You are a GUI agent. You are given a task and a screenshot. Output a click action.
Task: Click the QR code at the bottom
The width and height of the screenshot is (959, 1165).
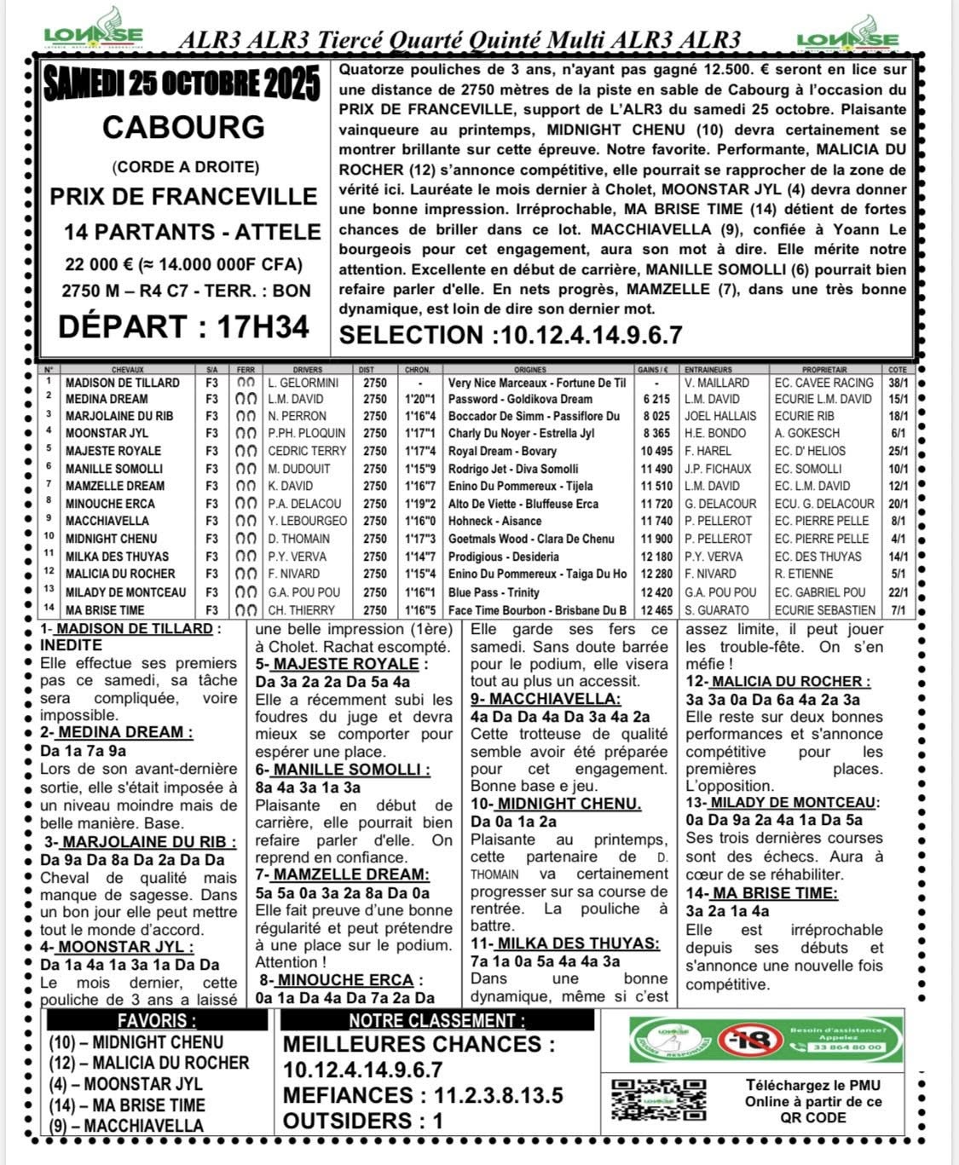(x=658, y=1099)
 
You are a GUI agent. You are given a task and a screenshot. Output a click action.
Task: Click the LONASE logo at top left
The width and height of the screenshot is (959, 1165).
(x=93, y=32)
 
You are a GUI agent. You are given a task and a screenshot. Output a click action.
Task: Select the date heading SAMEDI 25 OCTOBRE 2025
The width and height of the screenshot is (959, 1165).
(x=182, y=84)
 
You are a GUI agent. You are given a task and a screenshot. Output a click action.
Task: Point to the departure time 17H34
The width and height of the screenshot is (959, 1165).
(x=183, y=326)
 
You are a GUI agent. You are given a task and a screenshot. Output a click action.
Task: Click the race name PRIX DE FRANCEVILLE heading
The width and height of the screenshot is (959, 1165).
(x=183, y=196)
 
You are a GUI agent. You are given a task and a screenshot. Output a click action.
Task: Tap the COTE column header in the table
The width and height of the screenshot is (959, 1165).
(x=898, y=370)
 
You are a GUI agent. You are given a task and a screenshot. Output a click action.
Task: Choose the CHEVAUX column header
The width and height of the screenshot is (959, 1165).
(x=128, y=370)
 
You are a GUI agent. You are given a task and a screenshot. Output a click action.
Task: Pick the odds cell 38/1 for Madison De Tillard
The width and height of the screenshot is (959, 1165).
(x=898, y=383)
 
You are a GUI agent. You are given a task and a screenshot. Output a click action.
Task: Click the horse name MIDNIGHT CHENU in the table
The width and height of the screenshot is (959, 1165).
(x=111, y=539)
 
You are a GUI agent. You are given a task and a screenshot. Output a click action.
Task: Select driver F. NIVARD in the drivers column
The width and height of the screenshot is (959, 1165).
(x=293, y=574)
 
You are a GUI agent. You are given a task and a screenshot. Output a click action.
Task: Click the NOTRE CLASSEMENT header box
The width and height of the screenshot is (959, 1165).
(x=436, y=1021)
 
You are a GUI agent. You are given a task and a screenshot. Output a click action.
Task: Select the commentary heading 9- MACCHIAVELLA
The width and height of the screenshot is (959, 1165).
(x=546, y=699)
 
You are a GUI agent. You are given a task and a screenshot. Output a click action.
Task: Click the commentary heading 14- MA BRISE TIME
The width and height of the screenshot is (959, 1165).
(x=761, y=893)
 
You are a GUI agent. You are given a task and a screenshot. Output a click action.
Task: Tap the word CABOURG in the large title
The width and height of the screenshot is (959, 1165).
(x=183, y=127)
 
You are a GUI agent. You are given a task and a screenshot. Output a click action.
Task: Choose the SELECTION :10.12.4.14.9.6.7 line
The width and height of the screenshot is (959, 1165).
(x=511, y=335)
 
